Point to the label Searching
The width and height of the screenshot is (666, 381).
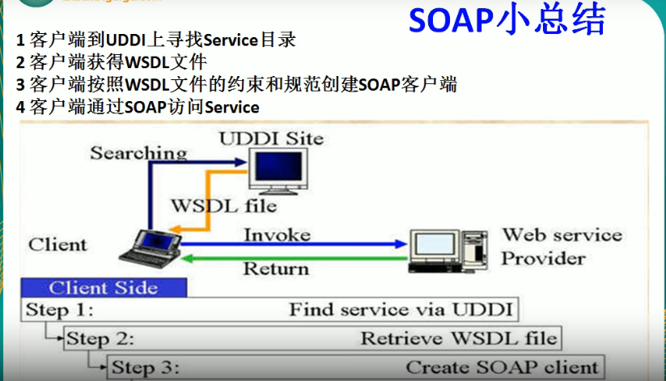coord(138,152)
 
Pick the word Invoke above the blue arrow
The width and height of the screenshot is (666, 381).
coord(277,235)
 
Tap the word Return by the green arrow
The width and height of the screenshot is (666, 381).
coord(276,268)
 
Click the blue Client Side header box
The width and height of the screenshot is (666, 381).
coord(103,288)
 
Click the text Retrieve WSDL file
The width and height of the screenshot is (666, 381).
coord(458,338)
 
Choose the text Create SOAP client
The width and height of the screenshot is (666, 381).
coord(502,366)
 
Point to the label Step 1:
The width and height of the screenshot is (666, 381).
coord(60,310)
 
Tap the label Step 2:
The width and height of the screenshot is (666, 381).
coord(100,338)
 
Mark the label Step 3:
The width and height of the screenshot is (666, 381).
coord(145,367)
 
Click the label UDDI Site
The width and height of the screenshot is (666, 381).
coord(270,138)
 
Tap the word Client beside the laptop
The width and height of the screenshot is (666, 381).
coord(58,244)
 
